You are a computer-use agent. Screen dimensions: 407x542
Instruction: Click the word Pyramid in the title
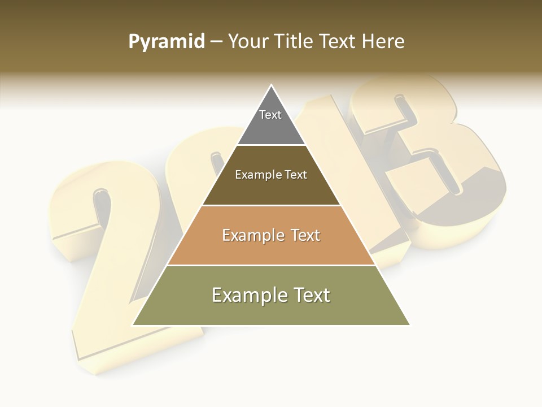[167, 42]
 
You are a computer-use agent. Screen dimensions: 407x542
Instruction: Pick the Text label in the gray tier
[270, 115]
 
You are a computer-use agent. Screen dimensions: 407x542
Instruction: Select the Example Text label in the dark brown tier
[271, 175]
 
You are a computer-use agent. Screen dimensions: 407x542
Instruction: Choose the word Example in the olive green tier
[249, 296]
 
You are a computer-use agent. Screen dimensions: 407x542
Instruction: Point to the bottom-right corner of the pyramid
[409, 325]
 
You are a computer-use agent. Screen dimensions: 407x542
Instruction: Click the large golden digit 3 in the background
[429, 164]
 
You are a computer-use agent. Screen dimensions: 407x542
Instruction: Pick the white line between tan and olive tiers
[272, 265]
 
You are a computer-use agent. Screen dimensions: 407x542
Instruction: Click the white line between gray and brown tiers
[272, 145]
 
